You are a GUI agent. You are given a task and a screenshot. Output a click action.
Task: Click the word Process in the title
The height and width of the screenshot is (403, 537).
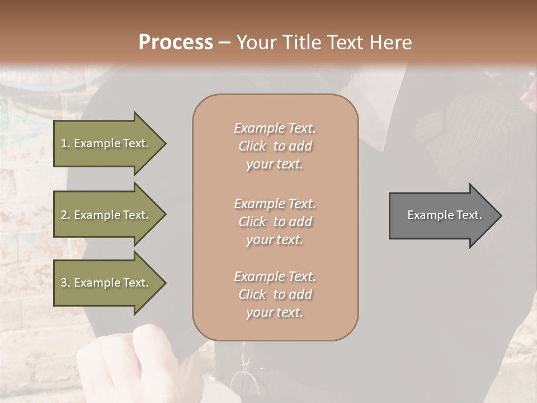pos(176,43)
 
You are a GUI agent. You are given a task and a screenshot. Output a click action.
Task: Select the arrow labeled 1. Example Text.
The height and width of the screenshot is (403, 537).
pos(106,143)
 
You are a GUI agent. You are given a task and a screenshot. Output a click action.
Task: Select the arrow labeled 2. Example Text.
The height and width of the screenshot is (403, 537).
pos(106,215)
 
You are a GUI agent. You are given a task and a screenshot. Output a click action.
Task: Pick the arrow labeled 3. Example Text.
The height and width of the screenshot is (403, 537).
pos(106,283)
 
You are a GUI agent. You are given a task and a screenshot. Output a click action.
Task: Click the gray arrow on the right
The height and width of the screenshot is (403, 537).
pos(442,215)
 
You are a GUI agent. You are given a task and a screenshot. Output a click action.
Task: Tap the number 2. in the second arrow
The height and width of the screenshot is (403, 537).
pos(65,215)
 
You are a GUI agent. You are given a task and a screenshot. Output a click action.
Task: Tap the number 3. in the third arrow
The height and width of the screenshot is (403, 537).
pos(65,283)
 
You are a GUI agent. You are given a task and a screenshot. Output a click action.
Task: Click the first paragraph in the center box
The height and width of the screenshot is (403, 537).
pos(275,146)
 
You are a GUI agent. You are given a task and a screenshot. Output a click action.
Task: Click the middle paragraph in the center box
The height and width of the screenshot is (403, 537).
pos(275,221)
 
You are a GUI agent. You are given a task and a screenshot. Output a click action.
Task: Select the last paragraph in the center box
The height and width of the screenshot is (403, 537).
pos(275,294)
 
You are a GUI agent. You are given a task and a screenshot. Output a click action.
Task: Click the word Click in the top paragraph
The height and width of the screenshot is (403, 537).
pos(252,146)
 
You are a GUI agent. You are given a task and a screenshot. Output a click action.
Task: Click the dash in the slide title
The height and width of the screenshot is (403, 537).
pos(224,43)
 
